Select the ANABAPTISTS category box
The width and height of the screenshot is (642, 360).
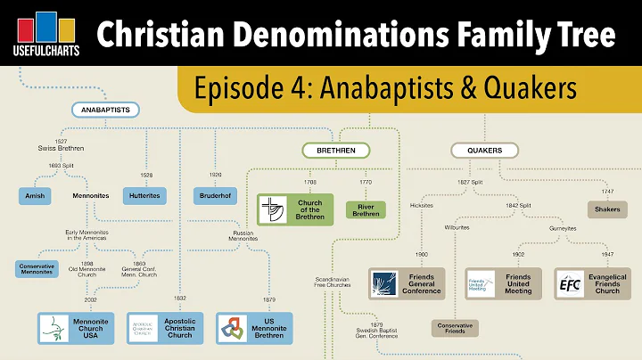[102, 110]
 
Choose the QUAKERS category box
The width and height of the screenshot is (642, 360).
[484, 150]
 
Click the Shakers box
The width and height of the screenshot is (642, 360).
[609, 210]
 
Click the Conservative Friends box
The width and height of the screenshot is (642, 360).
[455, 328]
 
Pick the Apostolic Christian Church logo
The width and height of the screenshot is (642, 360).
[145, 329]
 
